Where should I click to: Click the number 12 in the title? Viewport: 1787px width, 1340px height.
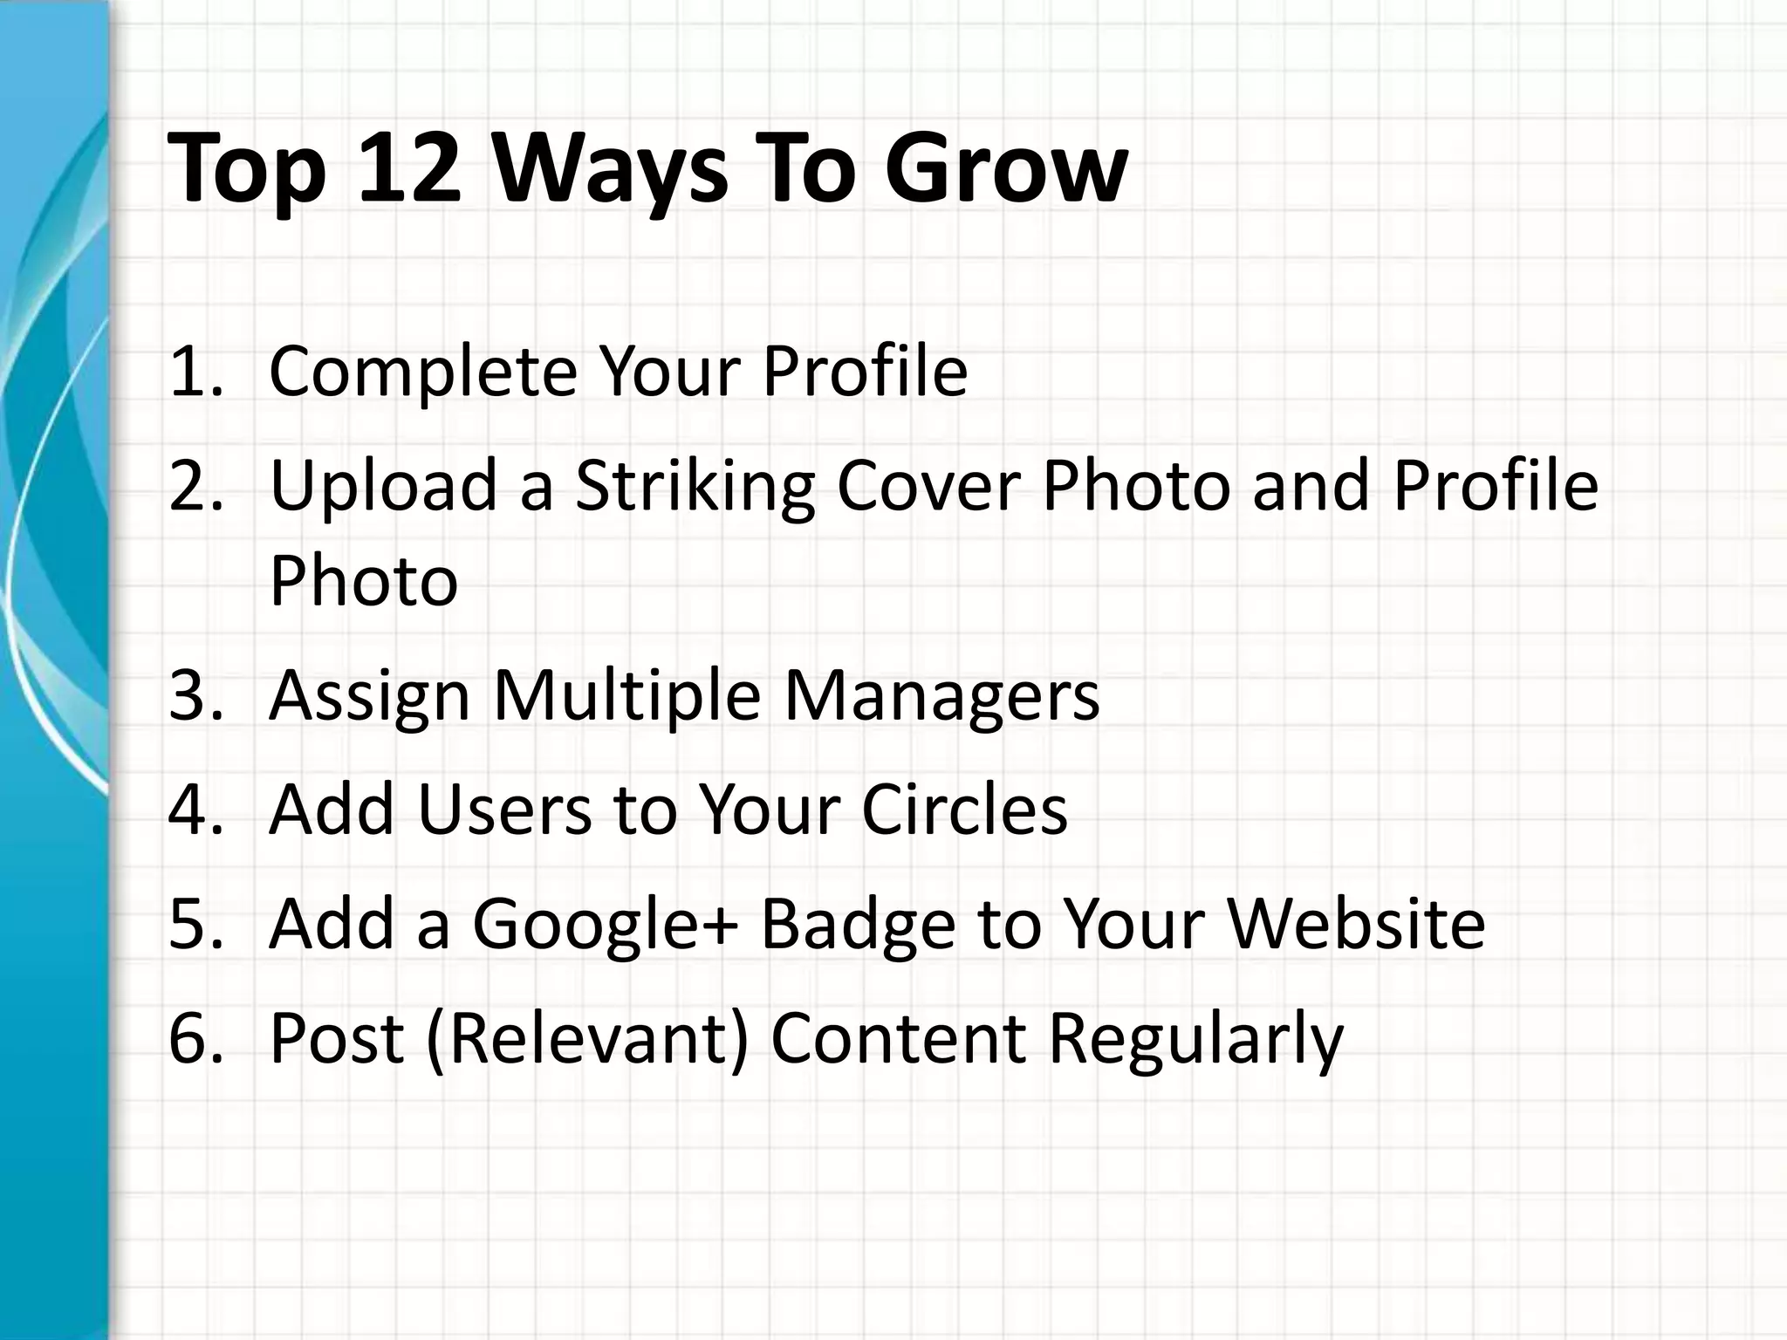click(408, 167)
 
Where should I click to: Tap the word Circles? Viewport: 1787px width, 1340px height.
click(964, 810)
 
